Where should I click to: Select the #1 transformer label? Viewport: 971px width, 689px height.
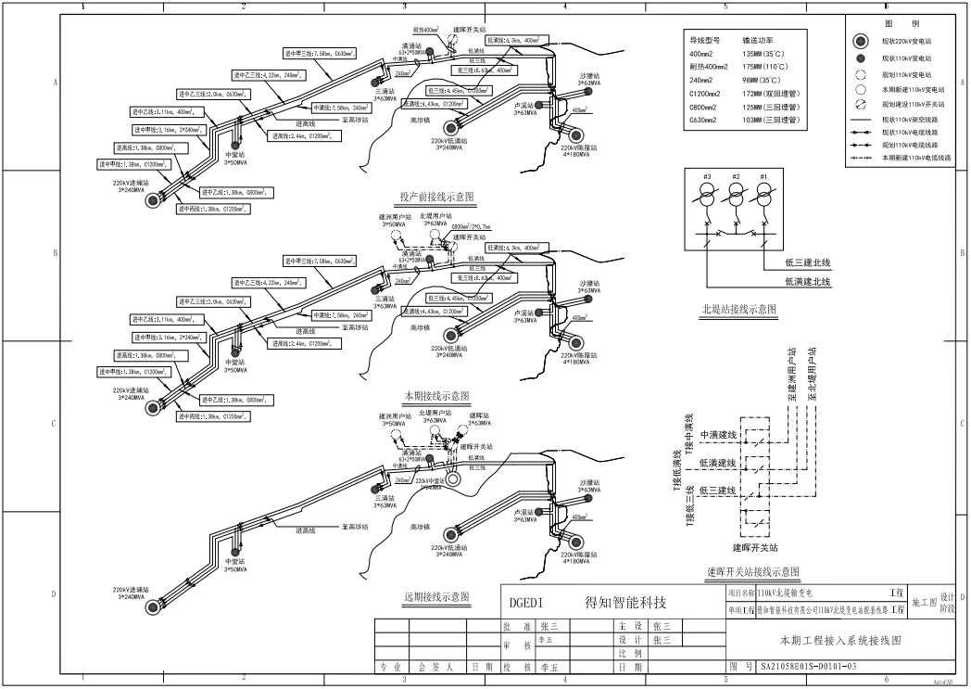click(x=763, y=176)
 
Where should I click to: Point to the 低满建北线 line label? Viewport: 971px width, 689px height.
click(x=807, y=281)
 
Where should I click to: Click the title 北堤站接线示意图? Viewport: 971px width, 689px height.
click(x=738, y=309)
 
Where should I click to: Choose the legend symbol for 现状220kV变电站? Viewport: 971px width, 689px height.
click(x=860, y=43)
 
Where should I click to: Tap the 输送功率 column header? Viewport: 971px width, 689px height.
click(x=758, y=40)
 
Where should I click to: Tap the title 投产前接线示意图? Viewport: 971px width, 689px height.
click(x=436, y=197)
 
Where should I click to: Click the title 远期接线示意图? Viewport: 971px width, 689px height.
click(x=438, y=596)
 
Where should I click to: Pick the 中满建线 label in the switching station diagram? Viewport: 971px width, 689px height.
click(x=718, y=435)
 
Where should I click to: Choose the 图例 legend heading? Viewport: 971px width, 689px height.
click(x=902, y=23)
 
